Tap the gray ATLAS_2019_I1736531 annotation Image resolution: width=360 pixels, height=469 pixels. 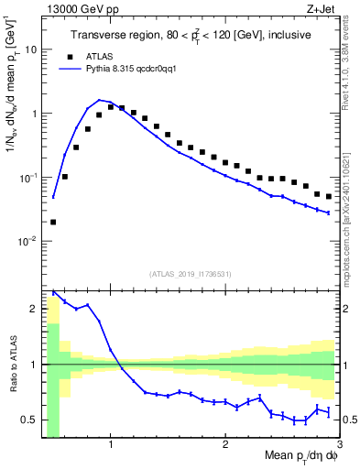[x=191, y=274]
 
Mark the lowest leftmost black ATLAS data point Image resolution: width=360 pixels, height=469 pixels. [x=53, y=222]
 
